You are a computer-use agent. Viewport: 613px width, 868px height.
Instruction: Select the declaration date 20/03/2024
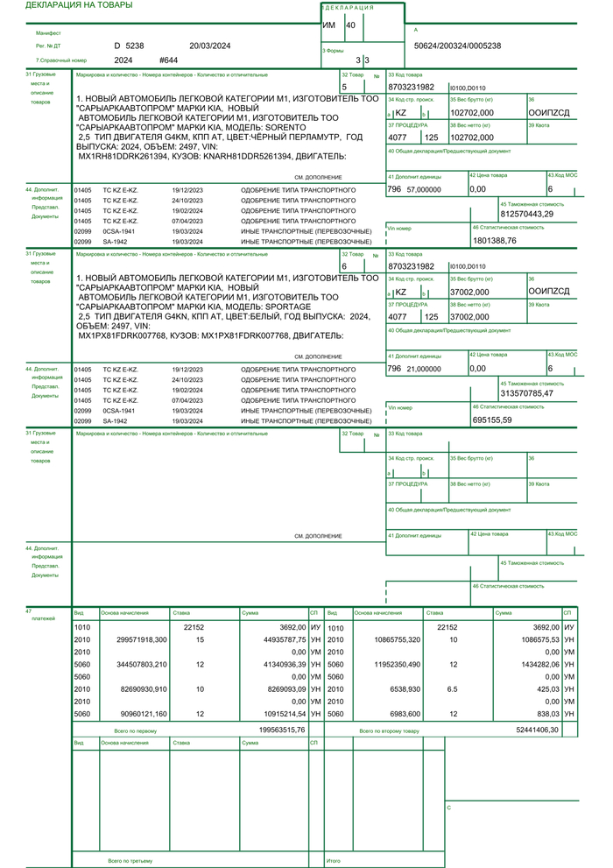(209, 45)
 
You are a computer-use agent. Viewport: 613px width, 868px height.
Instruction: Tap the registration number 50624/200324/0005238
(457, 46)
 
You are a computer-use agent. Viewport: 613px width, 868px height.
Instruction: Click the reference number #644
(169, 60)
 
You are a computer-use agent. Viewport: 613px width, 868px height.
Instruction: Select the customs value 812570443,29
(526, 214)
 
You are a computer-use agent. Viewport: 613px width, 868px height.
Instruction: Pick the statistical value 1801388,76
(495, 240)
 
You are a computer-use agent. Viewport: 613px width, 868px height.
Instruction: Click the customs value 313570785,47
(526, 393)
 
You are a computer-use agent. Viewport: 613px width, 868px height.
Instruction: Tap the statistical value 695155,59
(492, 420)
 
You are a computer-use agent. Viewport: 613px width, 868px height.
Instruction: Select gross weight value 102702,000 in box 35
(472, 113)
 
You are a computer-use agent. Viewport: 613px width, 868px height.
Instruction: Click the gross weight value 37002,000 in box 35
(469, 292)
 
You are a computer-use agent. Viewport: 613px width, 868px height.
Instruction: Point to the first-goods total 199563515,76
(282, 729)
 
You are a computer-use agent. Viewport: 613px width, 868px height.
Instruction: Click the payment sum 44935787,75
(283, 639)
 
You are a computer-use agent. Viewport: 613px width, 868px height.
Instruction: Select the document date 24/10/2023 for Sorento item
(188, 200)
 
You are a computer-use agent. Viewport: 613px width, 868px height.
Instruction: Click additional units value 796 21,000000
(414, 369)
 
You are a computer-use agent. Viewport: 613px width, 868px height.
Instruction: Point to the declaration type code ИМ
(329, 25)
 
